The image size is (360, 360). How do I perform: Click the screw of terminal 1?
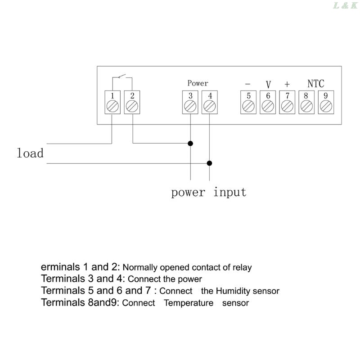(x=112, y=106)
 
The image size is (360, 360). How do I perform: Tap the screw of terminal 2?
(x=132, y=106)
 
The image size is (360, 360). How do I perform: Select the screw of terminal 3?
(x=190, y=106)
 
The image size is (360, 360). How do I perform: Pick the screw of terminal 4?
(x=209, y=106)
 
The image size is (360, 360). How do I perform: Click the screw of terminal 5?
(x=248, y=106)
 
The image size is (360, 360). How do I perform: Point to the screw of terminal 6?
(x=268, y=106)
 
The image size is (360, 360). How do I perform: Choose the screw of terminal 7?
(x=287, y=106)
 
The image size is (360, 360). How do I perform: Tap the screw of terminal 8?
(x=306, y=106)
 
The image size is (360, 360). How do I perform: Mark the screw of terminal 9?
(x=326, y=106)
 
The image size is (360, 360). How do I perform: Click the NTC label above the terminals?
(x=315, y=84)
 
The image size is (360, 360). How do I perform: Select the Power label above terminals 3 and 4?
(x=198, y=83)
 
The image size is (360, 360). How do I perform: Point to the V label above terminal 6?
(x=268, y=85)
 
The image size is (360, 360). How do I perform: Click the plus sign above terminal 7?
(x=287, y=85)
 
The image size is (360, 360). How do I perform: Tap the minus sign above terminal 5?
(x=247, y=84)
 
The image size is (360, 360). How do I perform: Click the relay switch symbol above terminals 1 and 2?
(x=121, y=77)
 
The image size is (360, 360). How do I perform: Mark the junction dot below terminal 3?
(x=190, y=144)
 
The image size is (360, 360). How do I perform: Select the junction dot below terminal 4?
(x=209, y=163)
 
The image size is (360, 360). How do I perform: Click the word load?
(x=30, y=153)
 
